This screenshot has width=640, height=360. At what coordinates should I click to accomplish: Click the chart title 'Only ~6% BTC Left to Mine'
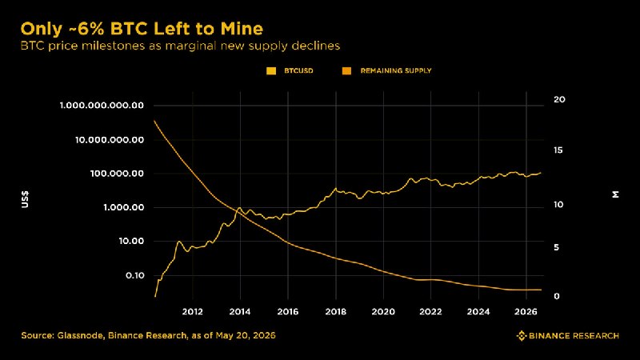142,29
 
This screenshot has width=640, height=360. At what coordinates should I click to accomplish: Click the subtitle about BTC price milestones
180,46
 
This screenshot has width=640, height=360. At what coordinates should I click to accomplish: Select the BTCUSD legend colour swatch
271,71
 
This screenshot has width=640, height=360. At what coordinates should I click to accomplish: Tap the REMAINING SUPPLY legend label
395,70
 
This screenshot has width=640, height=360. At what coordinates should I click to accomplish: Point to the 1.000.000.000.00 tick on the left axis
102,106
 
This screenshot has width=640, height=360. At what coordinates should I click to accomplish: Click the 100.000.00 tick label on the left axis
117,174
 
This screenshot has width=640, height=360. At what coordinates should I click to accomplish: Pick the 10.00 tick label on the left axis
131,242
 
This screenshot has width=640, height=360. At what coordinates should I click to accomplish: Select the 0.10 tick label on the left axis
134,275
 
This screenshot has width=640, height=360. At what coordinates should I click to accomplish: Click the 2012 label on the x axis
192,311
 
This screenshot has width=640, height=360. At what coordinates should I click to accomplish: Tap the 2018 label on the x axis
335,311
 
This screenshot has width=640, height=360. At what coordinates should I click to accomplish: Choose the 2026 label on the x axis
526,311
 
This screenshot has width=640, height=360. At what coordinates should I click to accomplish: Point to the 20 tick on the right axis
559,99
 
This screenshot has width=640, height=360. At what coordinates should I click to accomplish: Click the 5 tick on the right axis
556,248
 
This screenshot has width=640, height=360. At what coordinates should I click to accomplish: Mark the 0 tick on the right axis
556,296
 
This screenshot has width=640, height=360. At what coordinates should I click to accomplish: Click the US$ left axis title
25,199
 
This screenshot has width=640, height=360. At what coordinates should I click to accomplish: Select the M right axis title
615,194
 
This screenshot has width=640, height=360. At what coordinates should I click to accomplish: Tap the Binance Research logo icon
522,336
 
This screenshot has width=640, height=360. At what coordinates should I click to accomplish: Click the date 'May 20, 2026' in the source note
246,335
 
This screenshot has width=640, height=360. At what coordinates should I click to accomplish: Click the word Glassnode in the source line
80,335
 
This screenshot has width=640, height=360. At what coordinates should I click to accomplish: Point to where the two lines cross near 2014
239,211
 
